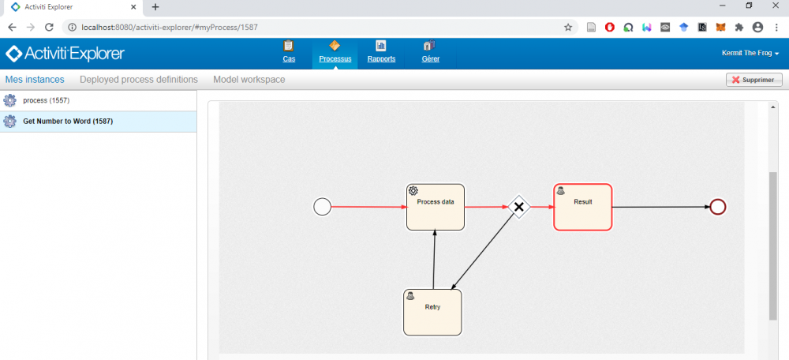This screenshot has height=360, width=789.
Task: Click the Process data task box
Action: coord(436,207)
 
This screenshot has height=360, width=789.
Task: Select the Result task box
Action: coord(583,207)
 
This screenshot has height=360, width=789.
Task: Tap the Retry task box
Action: coord(432,312)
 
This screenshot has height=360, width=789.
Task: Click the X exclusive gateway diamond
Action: coord(519,206)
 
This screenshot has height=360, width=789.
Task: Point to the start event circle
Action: coord(322,206)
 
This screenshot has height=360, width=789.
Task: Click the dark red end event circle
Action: coord(717,206)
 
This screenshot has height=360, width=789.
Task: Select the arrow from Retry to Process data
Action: coord(434,260)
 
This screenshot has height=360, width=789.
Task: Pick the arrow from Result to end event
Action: coord(660,206)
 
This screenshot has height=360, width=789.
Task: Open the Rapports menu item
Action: coord(381,52)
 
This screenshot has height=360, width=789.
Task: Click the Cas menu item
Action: coord(289,52)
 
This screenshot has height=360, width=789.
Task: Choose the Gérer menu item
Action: coord(430,52)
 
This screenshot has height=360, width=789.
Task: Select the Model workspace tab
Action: coord(249,80)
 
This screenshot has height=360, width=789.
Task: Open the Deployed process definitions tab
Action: coord(139,80)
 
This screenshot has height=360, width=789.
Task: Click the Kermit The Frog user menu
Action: coord(750,53)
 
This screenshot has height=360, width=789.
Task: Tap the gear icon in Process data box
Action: coord(413,190)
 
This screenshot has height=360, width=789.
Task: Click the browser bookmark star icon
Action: coord(568,27)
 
